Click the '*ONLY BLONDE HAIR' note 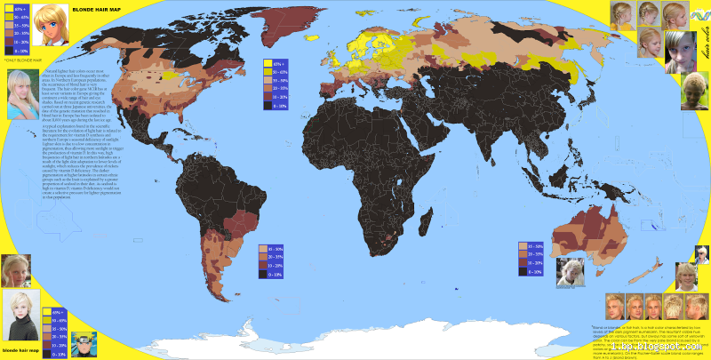[x=20, y=60]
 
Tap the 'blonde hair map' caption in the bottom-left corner [x=20, y=352]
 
